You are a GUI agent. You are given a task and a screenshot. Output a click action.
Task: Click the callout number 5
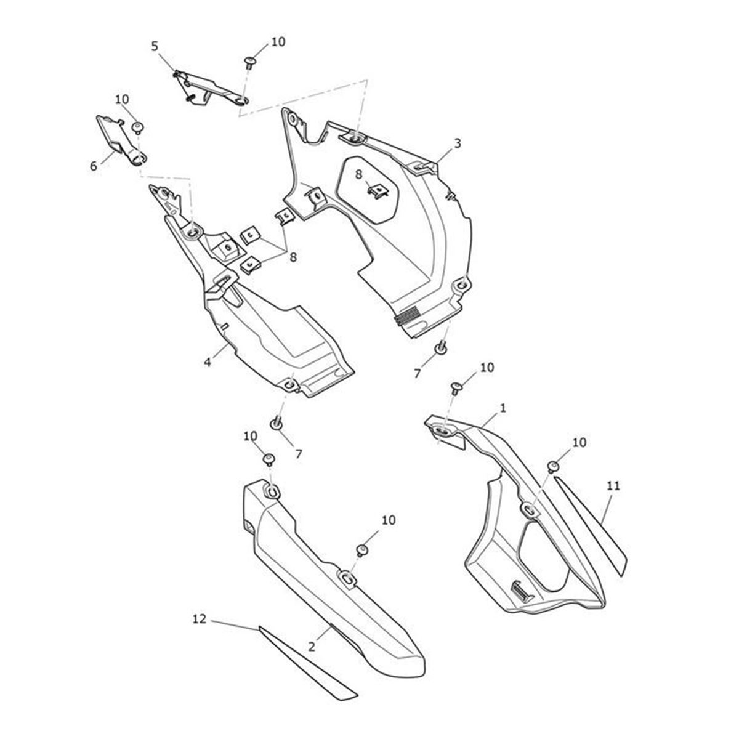[155, 46]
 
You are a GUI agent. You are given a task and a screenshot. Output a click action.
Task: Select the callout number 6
[94, 166]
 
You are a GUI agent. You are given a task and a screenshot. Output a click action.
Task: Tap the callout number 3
[457, 143]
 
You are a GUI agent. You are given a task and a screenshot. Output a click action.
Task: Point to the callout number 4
[208, 361]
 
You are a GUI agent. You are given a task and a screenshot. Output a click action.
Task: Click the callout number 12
[200, 619]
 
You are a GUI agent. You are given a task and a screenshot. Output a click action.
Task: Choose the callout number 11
[613, 486]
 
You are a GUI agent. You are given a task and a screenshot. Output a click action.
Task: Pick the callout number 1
[503, 408]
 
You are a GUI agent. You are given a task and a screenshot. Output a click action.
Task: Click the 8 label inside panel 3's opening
[358, 174]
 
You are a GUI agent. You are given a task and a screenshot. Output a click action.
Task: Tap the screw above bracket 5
[249, 62]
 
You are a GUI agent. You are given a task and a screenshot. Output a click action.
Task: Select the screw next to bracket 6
[138, 127]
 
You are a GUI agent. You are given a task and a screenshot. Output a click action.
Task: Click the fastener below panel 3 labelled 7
[442, 347]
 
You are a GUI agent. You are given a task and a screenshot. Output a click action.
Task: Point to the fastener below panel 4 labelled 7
[277, 423]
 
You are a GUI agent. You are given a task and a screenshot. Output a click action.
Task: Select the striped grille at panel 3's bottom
[408, 315]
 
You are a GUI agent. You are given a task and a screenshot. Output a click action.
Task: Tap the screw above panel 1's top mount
[457, 388]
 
